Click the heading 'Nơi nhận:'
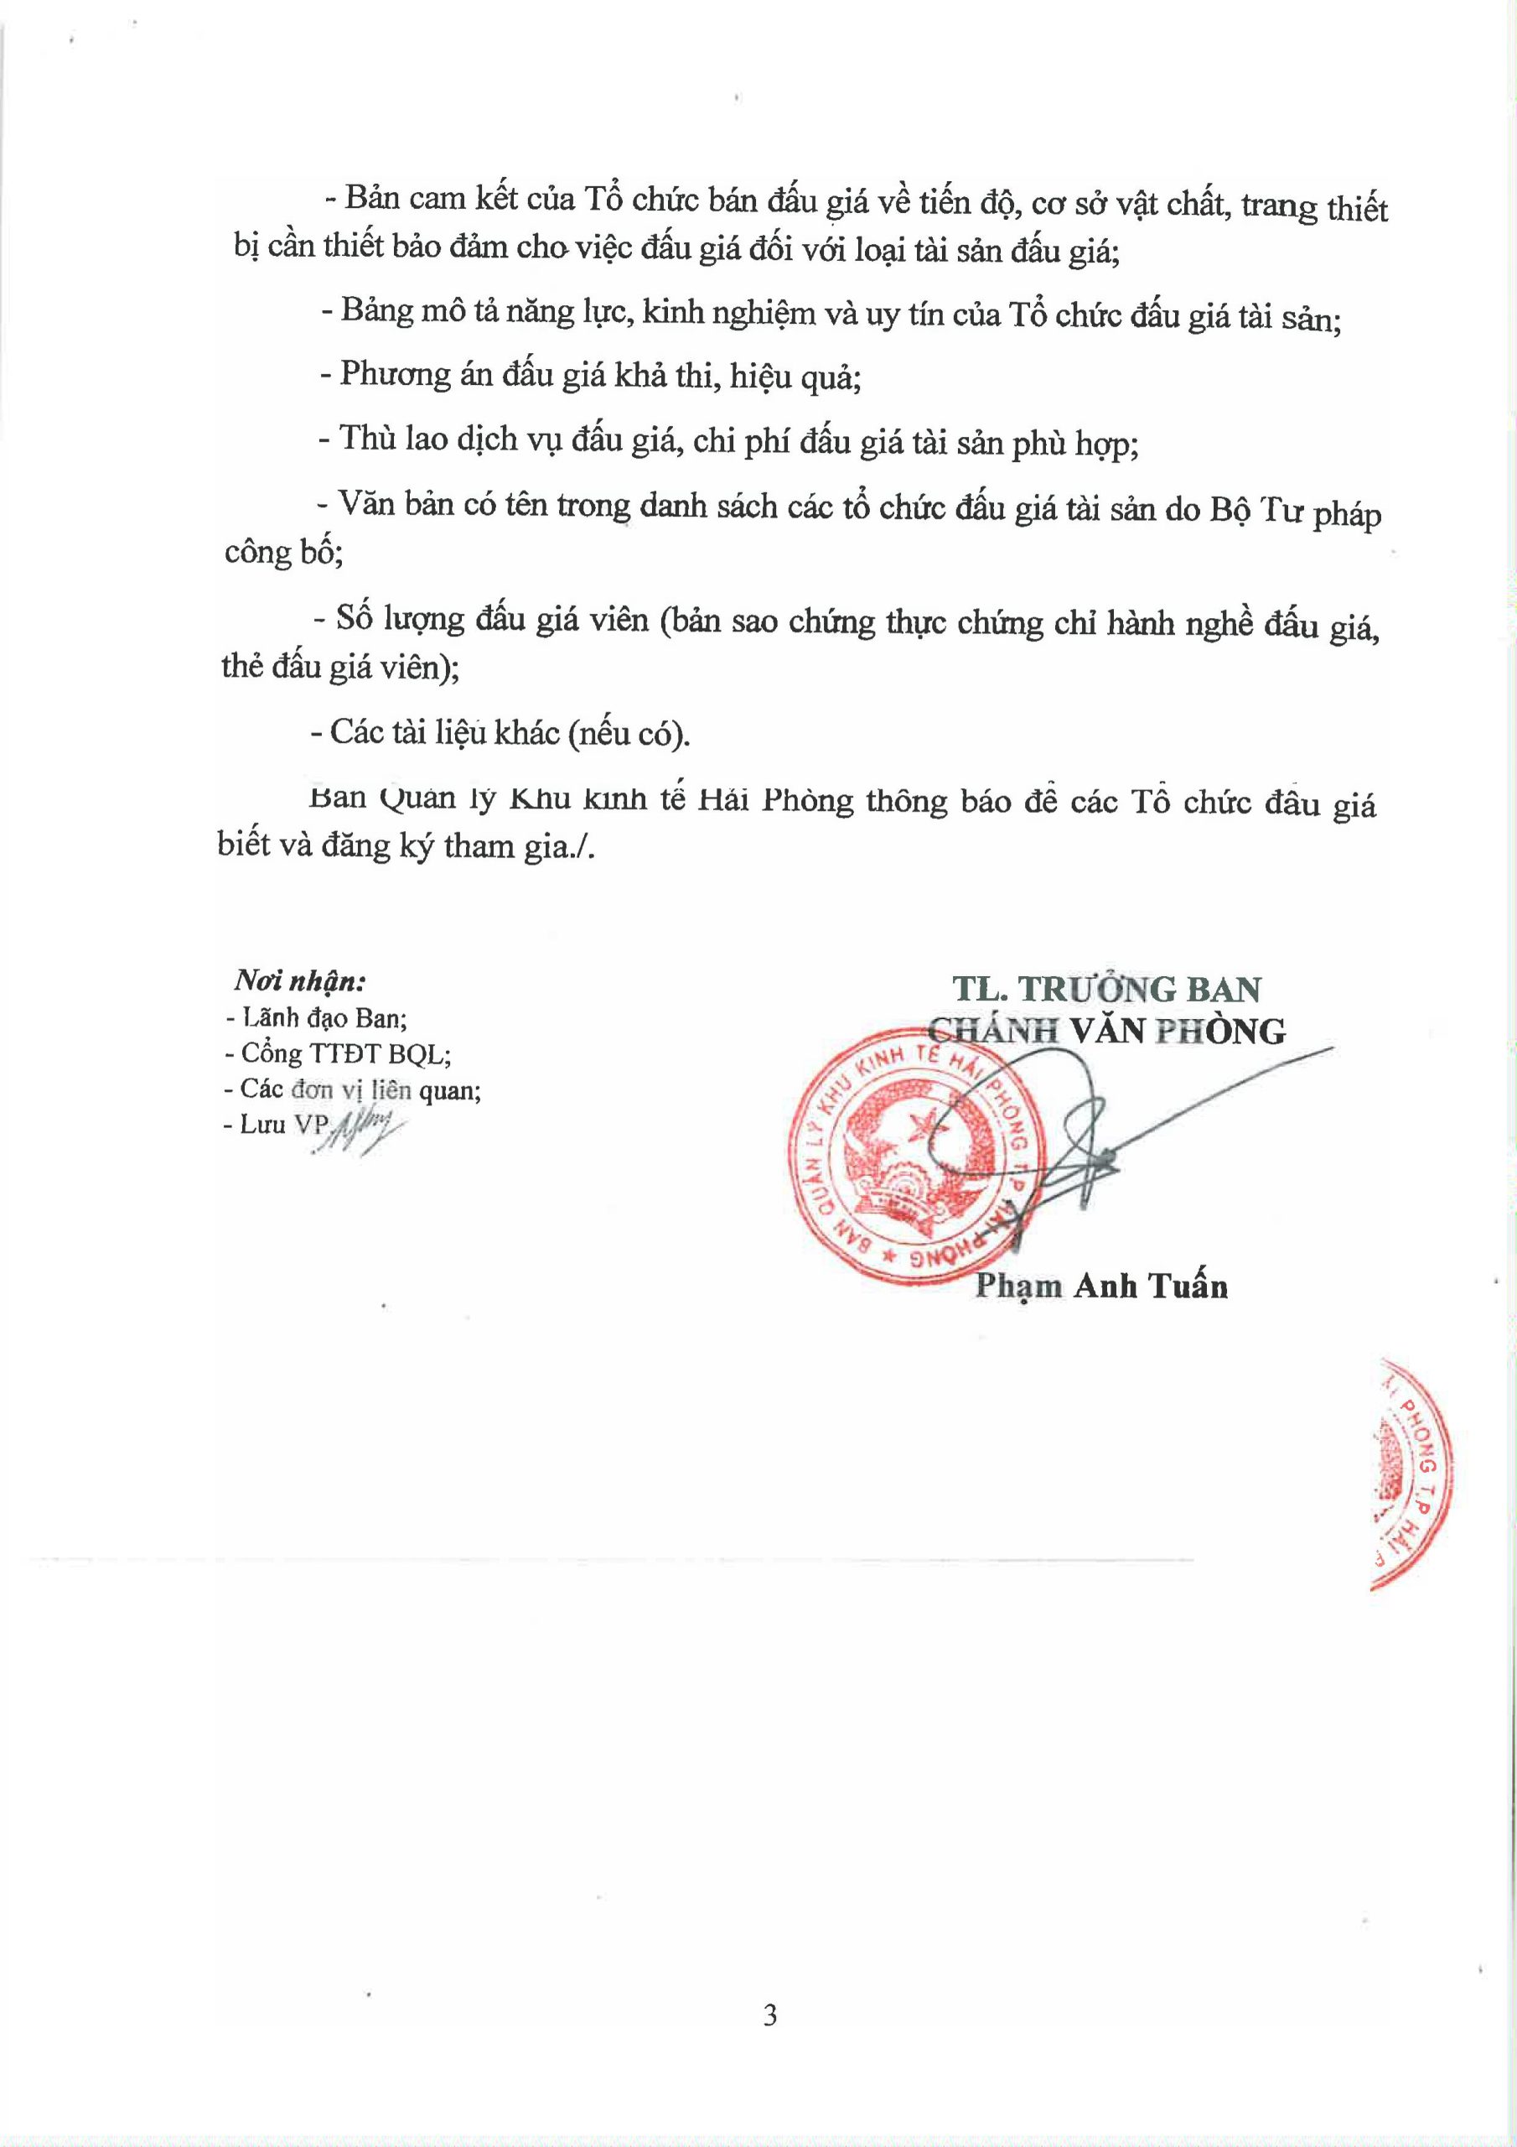pyautogui.click(x=299, y=981)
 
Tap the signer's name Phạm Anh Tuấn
pyautogui.click(x=1101, y=1287)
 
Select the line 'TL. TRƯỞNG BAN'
pyautogui.click(x=1106, y=989)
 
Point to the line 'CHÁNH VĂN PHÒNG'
pyautogui.click(x=1106, y=1031)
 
